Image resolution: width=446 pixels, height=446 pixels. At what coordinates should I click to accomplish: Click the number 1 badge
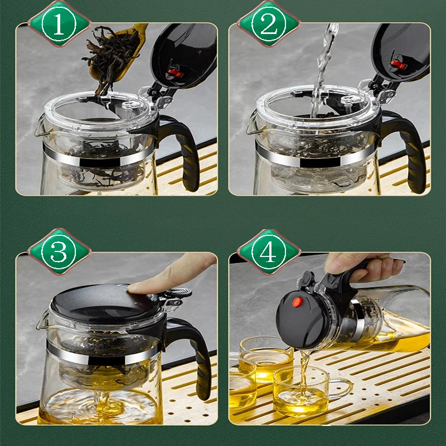(x=59, y=23)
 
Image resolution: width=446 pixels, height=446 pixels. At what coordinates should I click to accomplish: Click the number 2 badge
(x=269, y=23)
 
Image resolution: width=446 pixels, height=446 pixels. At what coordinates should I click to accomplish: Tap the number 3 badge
(x=59, y=252)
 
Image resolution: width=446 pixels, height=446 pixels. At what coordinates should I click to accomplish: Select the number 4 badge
(x=269, y=252)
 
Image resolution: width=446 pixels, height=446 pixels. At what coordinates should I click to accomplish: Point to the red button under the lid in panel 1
(x=174, y=73)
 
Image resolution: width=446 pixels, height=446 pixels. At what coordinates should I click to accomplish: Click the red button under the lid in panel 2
(x=397, y=64)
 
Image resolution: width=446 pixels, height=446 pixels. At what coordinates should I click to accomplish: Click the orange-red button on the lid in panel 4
(x=298, y=302)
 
